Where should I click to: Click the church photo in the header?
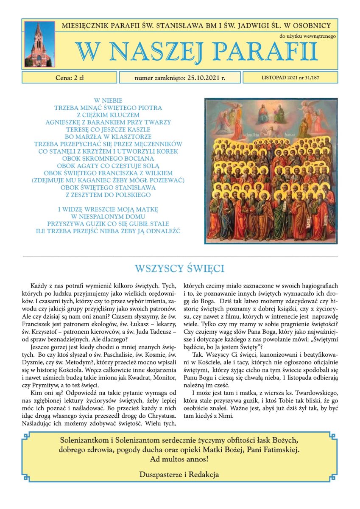pos(39,44)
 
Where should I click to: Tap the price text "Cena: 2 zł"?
pos(70,78)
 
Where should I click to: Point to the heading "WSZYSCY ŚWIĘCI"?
pos(179,268)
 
